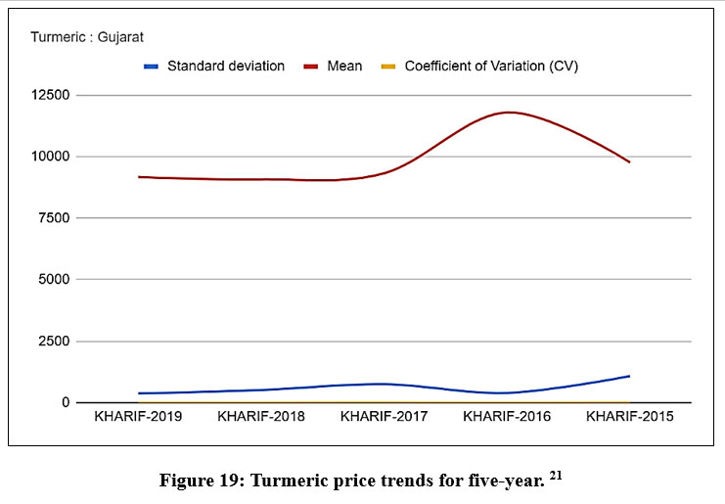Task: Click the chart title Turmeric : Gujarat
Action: (87, 37)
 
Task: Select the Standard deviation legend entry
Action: (225, 67)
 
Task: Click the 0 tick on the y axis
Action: (66, 402)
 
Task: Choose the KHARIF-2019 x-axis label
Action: (138, 417)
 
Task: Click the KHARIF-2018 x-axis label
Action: (261, 417)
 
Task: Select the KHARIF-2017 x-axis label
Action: (384, 417)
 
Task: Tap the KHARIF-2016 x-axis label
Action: (507, 417)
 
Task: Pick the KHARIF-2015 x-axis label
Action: (629, 417)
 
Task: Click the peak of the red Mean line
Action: (510, 113)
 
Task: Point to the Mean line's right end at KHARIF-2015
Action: (629, 161)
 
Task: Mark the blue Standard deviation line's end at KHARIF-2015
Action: (629, 376)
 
